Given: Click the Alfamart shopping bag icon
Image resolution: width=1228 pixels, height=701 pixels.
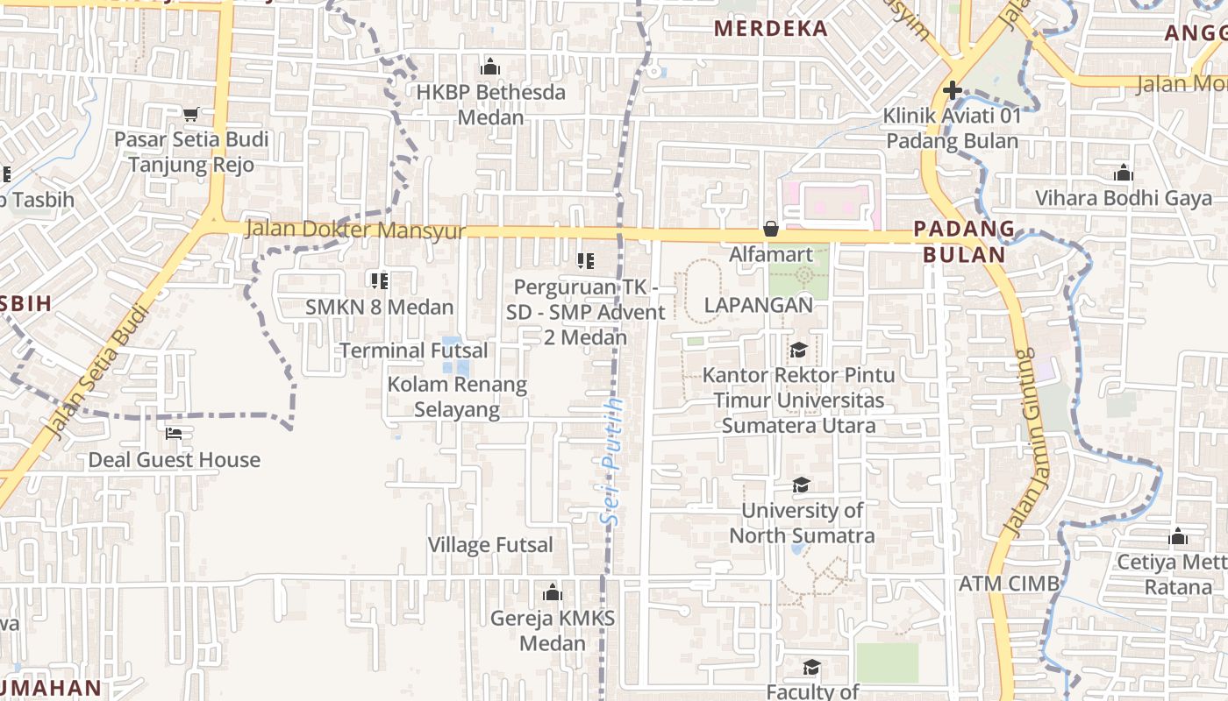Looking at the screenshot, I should point(770,230).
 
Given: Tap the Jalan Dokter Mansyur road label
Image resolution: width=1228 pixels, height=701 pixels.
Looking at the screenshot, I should point(354,230).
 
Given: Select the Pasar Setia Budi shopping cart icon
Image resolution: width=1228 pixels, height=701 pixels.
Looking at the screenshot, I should point(191,113).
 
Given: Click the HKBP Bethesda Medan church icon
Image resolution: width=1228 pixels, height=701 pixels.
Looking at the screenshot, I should point(489,67).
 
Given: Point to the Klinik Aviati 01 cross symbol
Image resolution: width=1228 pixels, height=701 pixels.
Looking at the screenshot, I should point(952,90).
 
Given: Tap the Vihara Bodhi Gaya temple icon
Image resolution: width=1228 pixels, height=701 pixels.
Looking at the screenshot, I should point(1123,173).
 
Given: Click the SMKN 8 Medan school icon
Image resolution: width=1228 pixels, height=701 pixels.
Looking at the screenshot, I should point(379,280).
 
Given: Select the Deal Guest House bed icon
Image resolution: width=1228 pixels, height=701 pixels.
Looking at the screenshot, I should point(174,434).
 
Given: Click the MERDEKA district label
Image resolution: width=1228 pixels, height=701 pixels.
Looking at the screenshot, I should point(771,28).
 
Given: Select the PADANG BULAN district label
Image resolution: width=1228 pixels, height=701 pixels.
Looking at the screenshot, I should point(963,242).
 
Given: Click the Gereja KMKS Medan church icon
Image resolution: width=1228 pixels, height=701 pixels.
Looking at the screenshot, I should point(552,593).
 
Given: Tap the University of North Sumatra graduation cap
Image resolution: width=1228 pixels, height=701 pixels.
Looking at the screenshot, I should point(800,485).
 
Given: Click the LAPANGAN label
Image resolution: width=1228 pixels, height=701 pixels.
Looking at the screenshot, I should point(759,305).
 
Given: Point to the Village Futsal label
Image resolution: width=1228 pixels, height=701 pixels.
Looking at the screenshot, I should point(490,545).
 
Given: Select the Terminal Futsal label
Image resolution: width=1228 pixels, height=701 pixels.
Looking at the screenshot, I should point(413,350).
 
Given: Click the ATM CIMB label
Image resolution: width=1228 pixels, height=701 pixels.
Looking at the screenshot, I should point(1009,584).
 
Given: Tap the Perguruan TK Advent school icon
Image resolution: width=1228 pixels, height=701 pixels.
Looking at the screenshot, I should point(585,260).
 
